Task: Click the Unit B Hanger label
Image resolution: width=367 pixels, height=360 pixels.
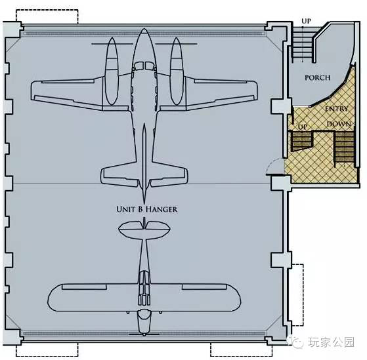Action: pos(147,209)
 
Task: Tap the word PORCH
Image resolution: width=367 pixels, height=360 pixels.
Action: pos(317,77)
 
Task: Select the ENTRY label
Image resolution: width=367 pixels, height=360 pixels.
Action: pos(336,109)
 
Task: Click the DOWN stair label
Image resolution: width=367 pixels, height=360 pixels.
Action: pos(339,124)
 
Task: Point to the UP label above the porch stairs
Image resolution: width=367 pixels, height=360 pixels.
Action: pos(306,21)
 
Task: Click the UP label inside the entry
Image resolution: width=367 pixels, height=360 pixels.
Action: pos(302,127)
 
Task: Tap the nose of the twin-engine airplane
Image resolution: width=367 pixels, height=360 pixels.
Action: pos(144,30)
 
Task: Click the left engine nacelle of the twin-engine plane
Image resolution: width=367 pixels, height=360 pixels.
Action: pos(112,71)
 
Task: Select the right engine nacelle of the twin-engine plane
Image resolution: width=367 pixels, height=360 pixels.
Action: pos(177,71)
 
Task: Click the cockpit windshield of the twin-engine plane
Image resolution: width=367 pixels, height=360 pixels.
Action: pos(144,66)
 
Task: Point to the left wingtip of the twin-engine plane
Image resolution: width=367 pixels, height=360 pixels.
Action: pos(32,90)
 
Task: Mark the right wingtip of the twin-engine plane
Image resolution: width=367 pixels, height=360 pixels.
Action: pos(257,90)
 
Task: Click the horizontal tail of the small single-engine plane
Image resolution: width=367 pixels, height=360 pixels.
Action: pos(144,229)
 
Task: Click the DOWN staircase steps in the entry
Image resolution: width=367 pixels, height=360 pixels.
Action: pos(345,148)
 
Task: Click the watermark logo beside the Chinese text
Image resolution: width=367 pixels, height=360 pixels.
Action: pos(297,343)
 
